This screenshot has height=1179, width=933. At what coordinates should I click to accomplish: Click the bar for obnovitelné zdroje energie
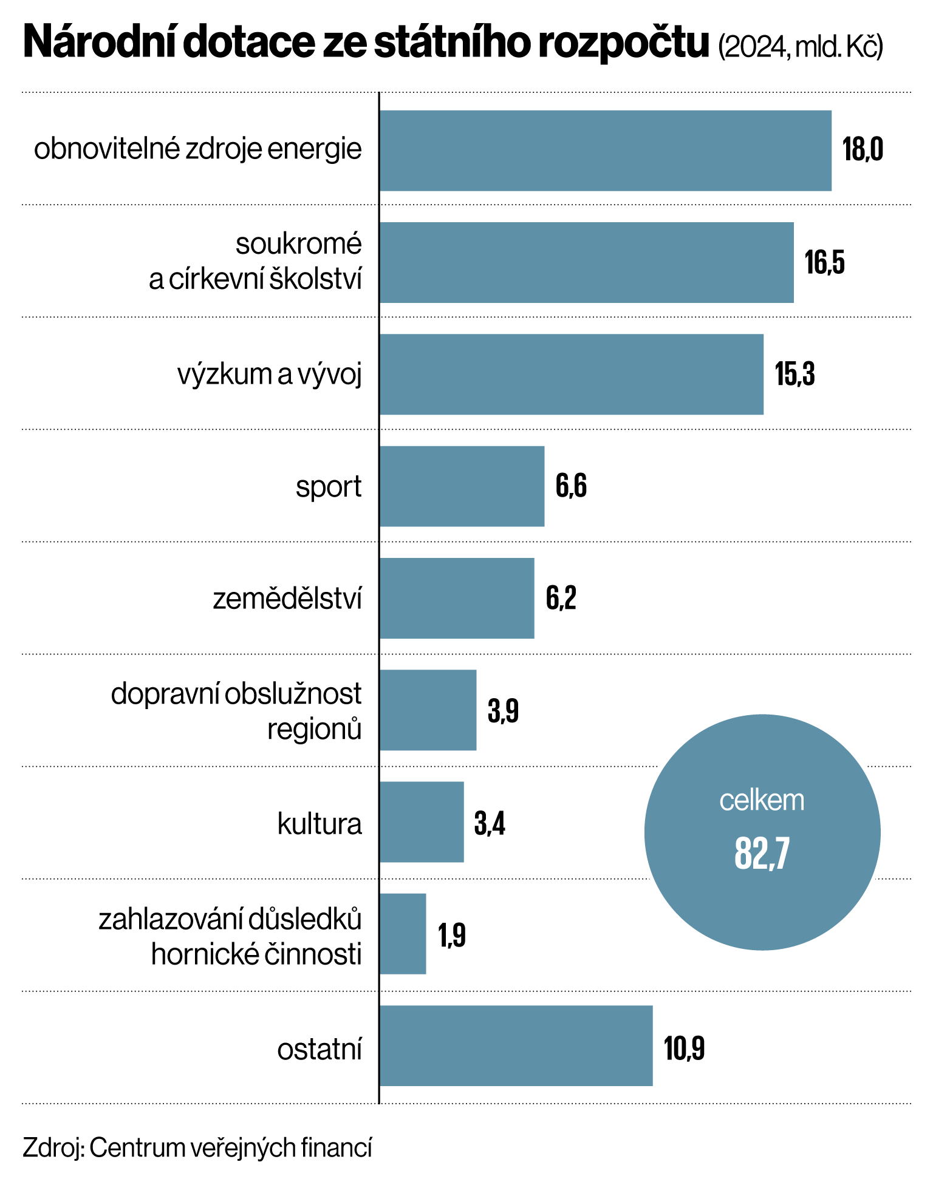[x=605, y=151]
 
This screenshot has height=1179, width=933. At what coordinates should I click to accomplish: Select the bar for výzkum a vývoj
[x=571, y=374]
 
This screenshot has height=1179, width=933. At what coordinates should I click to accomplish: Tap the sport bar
[x=462, y=486]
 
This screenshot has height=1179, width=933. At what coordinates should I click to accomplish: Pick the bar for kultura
[x=422, y=822]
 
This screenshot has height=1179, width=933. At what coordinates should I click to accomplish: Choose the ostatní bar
[x=516, y=1045]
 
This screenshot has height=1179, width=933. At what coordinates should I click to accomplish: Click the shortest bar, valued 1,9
[x=403, y=934]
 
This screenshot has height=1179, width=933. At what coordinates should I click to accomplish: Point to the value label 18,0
[x=863, y=150]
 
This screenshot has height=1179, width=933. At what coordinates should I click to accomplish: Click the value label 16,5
[x=825, y=262]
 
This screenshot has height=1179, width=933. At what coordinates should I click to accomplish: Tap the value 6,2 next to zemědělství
[x=561, y=599]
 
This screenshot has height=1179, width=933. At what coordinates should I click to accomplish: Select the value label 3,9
[x=503, y=710]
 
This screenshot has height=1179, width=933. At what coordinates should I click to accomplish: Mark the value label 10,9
[x=685, y=1048]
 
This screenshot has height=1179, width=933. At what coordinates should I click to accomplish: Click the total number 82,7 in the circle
[x=762, y=853]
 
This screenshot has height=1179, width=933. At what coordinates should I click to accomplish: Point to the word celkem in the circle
[x=762, y=801]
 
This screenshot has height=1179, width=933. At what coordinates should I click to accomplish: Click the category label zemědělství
[x=287, y=599]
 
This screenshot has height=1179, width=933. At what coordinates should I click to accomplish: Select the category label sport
[x=329, y=487]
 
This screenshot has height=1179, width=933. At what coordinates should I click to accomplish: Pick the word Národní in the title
[x=97, y=42]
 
